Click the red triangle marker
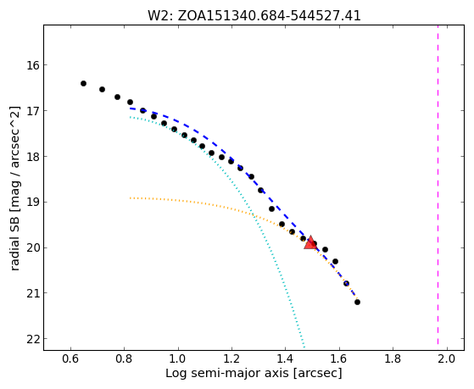(x=310, y=243)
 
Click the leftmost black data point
(x=83, y=83)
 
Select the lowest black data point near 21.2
(x=357, y=302)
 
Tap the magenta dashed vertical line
(x=438, y=187)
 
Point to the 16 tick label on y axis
(x=33, y=65)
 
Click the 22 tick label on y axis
(x=33, y=339)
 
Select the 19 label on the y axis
(x=33, y=202)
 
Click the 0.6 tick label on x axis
(x=70, y=359)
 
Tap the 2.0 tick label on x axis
(x=447, y=359)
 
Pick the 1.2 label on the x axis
(x=231, y=359)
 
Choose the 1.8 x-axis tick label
(x=393, y=359)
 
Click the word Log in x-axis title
(x=176, y=374)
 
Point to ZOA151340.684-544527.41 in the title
(x=269, y=16)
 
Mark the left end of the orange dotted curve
(x=130, y=198)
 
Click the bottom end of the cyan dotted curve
(x=304, y=347)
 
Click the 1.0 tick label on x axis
(x=178, y=359)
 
